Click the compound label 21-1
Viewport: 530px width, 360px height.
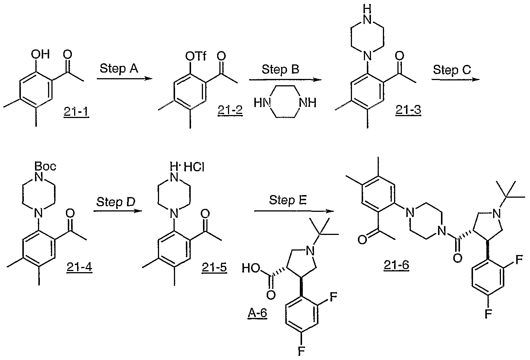(x=76, y=111)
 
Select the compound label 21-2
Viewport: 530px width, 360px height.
(x=230, y=110)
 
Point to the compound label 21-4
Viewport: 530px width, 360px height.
(x=79, y=267)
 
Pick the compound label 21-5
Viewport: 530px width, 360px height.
(x=215, y=268)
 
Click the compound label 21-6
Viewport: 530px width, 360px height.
(x=396, y=265)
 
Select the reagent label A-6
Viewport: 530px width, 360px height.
(x=257, y=313)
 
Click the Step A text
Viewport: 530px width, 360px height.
(x=119, y=69)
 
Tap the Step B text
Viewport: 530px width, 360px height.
(x=280, y=70)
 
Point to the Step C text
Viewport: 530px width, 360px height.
(x=452, y=70)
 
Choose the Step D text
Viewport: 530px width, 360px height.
(x=116, y=202)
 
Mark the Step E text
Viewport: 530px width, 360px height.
(x=288, y=200)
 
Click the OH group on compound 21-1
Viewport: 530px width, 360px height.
(x=41, y=54)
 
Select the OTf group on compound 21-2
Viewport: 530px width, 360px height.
(x=196, y=56)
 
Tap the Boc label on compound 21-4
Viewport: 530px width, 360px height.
(x=45, y=166)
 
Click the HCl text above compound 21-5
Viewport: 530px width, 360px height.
(x=194, y=167)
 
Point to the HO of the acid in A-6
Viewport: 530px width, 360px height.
(x=251, y=268)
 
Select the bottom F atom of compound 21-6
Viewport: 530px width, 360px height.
(x=488, y=314)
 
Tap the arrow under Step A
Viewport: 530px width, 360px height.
(x=125, y=79)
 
